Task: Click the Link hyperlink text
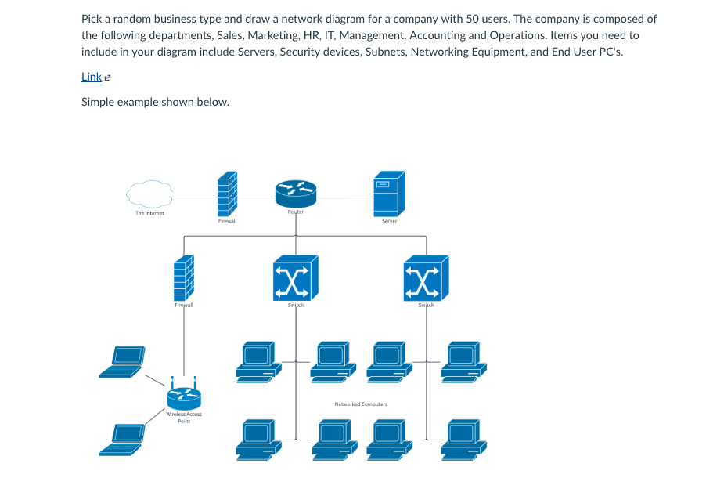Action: click(91, 77)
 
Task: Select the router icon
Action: click(295, 190)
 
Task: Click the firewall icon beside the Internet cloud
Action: click(227, 194)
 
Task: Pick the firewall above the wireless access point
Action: click(184, 278)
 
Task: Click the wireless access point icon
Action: click(184, 395)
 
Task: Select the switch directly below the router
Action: click(296, 277)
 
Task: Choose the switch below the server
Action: click(427, 277)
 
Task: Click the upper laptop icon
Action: click(123, 360)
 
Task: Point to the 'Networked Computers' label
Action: click(361, 404)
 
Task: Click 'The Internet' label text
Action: click(149, 213)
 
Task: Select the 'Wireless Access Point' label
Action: click(184, 418)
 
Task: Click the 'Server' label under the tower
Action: click(389, 222)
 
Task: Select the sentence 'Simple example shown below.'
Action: click(155, 102)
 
